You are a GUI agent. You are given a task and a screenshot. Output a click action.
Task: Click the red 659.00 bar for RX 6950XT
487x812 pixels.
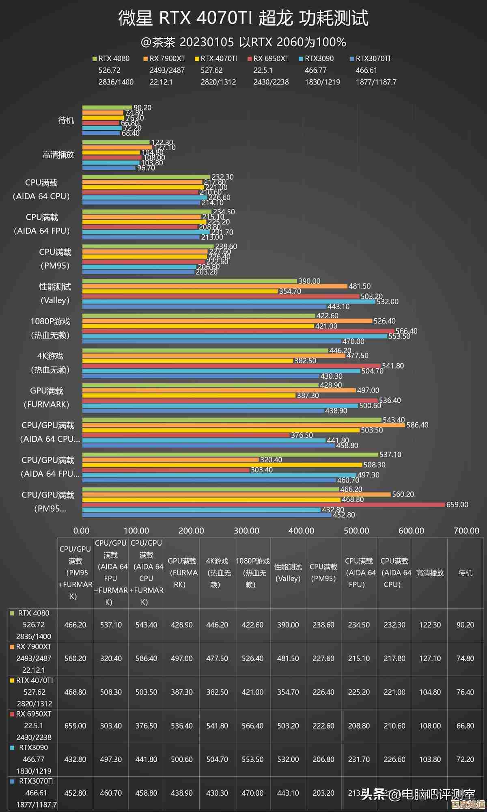(264, 505)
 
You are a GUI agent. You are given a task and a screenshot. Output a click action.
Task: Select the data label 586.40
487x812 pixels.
(417, 425)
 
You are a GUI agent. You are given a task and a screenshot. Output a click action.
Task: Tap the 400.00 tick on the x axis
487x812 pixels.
(301, 531)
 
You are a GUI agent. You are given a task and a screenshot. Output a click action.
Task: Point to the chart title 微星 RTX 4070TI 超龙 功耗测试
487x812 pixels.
(243, 18)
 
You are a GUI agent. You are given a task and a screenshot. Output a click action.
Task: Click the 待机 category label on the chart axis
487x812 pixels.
(66, 120)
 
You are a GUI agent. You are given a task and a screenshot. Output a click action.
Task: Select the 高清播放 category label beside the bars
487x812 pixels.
(58, 155)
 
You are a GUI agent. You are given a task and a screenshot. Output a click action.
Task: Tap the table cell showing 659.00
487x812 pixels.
(75, 726)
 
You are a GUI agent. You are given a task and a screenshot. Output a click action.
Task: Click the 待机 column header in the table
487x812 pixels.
(465, 573)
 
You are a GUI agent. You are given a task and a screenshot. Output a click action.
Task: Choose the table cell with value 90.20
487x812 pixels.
(465, 625)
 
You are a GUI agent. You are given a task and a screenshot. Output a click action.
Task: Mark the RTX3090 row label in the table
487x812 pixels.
(33, 759)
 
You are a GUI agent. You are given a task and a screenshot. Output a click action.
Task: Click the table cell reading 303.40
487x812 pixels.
(111, 726)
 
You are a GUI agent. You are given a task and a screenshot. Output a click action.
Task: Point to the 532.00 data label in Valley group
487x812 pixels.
(388, 302)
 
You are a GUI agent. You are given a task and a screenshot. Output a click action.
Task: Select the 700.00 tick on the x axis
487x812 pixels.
(466, 531)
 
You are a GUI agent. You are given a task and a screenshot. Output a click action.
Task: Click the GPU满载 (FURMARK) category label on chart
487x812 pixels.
(47, 397)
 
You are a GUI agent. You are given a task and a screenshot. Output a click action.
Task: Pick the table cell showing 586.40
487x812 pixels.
(146, 658)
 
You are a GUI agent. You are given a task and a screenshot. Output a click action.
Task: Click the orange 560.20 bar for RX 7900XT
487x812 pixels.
(236, 495)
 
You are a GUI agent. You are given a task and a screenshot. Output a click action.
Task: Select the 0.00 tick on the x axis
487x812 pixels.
(81, 531)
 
